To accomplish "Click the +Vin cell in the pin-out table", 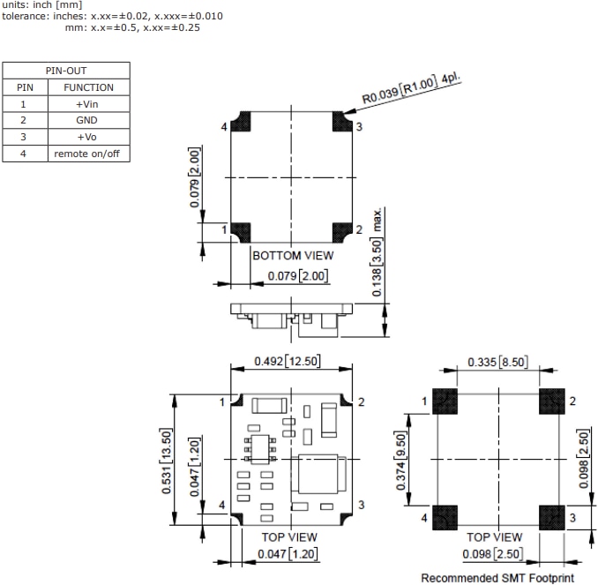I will tap(87, 103).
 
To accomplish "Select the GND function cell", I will tap(87, 120).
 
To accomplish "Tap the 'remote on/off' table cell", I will tap(87, 154).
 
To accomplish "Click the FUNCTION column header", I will tap(87, 87).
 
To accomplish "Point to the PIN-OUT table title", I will tap(66, 70).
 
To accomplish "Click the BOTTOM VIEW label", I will tap(294, 255).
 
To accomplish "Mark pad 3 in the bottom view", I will tap(342, 119).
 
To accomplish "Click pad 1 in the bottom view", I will tap(240, 231).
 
